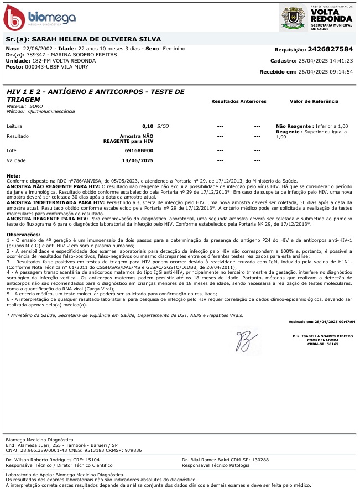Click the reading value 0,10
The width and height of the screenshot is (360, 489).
(148, 126)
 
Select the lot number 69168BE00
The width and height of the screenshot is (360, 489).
(139, 150)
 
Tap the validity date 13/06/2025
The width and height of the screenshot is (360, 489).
(137, 160)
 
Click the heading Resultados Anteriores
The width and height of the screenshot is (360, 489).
(239, 101)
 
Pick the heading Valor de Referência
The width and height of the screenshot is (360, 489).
(314, 101)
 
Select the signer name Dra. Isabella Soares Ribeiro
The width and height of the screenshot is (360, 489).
(323, 336)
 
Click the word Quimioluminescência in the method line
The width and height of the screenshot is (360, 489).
(55, 111)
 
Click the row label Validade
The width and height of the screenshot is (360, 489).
(17, 160)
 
